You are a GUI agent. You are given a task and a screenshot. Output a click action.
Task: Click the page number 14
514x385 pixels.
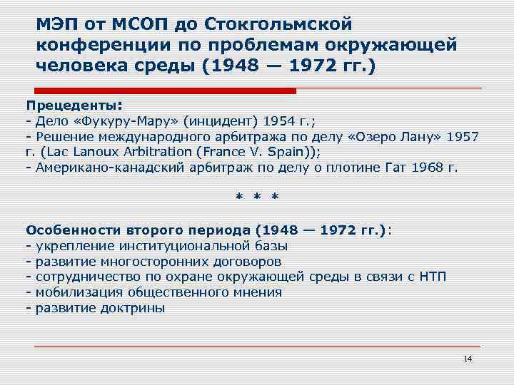tap(468, 358)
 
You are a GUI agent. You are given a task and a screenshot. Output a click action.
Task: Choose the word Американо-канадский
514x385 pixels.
tap(96, 168)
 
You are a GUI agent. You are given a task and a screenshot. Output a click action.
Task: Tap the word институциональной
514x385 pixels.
tap(171, 246)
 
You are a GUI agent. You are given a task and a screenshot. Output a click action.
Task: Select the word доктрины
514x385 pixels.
tap(136, 308)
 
